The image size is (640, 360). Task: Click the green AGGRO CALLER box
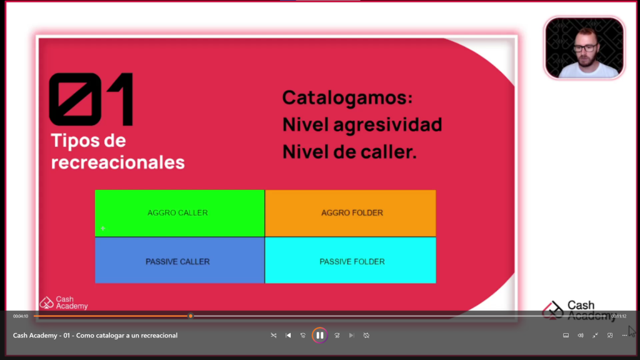point(179,213)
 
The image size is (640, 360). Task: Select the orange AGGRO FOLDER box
point(351,213)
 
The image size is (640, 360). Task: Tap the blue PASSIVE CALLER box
point(179,261)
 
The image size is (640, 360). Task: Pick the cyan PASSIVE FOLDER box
point(351,261)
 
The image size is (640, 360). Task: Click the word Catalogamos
point(347,98)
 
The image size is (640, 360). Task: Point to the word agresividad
point(387,125)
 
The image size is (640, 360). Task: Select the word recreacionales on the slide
point(117,162)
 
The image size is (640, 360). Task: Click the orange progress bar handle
point(191,316)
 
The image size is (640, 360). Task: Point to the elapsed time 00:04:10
point(21,316)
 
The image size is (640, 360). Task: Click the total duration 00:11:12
point(619,316)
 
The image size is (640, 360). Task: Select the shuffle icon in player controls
point(274,336)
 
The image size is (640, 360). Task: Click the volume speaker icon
point(581,336)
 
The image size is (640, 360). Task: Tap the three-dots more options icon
point(624,336)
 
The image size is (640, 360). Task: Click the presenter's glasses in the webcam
point(584,48)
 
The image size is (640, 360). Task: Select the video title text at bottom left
point(95,336)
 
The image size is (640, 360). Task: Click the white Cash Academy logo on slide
point(64,303)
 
